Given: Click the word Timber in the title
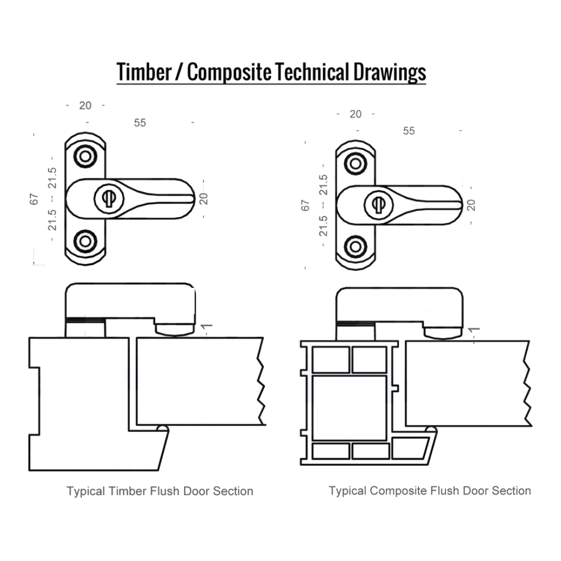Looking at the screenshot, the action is (144, 72).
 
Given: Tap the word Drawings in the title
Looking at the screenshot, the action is (390, 72).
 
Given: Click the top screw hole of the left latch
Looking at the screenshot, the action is (85, 156).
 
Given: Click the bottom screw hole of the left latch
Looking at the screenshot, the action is (85, 241).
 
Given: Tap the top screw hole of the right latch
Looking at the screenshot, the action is (355, 163).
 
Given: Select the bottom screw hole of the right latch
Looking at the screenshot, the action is (355, 246).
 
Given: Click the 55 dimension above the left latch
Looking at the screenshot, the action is (140, 123).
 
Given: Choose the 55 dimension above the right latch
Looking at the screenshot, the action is (409, 131).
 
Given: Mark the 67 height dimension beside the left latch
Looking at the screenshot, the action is (34, 199).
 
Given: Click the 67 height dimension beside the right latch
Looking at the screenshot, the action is (305, 205).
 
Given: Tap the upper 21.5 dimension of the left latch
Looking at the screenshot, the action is (52, 178).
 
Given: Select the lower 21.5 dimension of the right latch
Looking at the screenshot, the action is (323, 226).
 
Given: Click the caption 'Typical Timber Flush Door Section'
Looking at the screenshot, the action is (160, 491).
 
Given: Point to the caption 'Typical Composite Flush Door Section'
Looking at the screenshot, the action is (430, 491).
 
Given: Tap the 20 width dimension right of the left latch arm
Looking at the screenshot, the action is (204, 199).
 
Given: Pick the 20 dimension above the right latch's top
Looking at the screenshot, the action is (356, 114).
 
